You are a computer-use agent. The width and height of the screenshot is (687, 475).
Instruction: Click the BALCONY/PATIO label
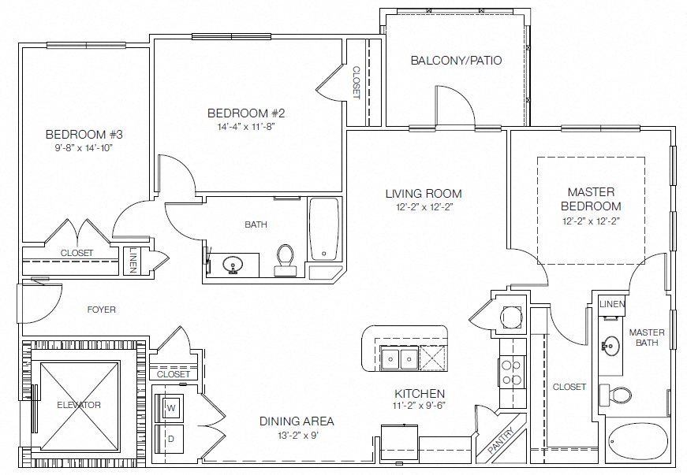tap(456, 61)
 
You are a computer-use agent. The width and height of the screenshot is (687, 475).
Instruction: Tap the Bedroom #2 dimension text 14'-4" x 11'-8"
tap(246, 127)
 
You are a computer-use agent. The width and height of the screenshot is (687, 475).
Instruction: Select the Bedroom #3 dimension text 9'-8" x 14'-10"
tap(84, 148)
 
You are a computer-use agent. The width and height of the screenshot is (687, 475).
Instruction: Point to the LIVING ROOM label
tap(424, 193)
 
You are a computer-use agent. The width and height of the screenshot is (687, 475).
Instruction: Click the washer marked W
tap(171, 408)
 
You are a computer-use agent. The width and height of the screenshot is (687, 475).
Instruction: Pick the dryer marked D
tap(170, 439)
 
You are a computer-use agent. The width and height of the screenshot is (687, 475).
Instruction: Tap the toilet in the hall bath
tap(286, 260)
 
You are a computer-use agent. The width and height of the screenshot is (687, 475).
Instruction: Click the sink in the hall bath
tap(233, 265)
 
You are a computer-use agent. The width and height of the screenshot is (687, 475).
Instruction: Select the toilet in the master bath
tap(615, 394)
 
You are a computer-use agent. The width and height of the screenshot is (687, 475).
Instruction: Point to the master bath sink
tap(610, 346)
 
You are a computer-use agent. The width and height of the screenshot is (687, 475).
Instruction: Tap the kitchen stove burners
tap(512, 373)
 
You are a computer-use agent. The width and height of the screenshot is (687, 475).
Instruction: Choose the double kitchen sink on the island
tap(400, 358)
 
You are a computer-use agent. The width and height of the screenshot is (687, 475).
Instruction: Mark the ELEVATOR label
tap(79, 405)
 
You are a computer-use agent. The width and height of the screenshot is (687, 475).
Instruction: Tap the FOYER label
tap(101, 310)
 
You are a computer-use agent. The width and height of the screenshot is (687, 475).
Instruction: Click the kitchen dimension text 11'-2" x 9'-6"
tap(420, 406)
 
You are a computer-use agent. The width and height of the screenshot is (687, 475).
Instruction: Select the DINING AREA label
tap(297, 421)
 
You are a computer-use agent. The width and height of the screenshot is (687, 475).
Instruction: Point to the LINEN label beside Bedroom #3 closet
tap(133, 261)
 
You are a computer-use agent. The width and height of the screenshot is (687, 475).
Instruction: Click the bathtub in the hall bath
tap(324, 230)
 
